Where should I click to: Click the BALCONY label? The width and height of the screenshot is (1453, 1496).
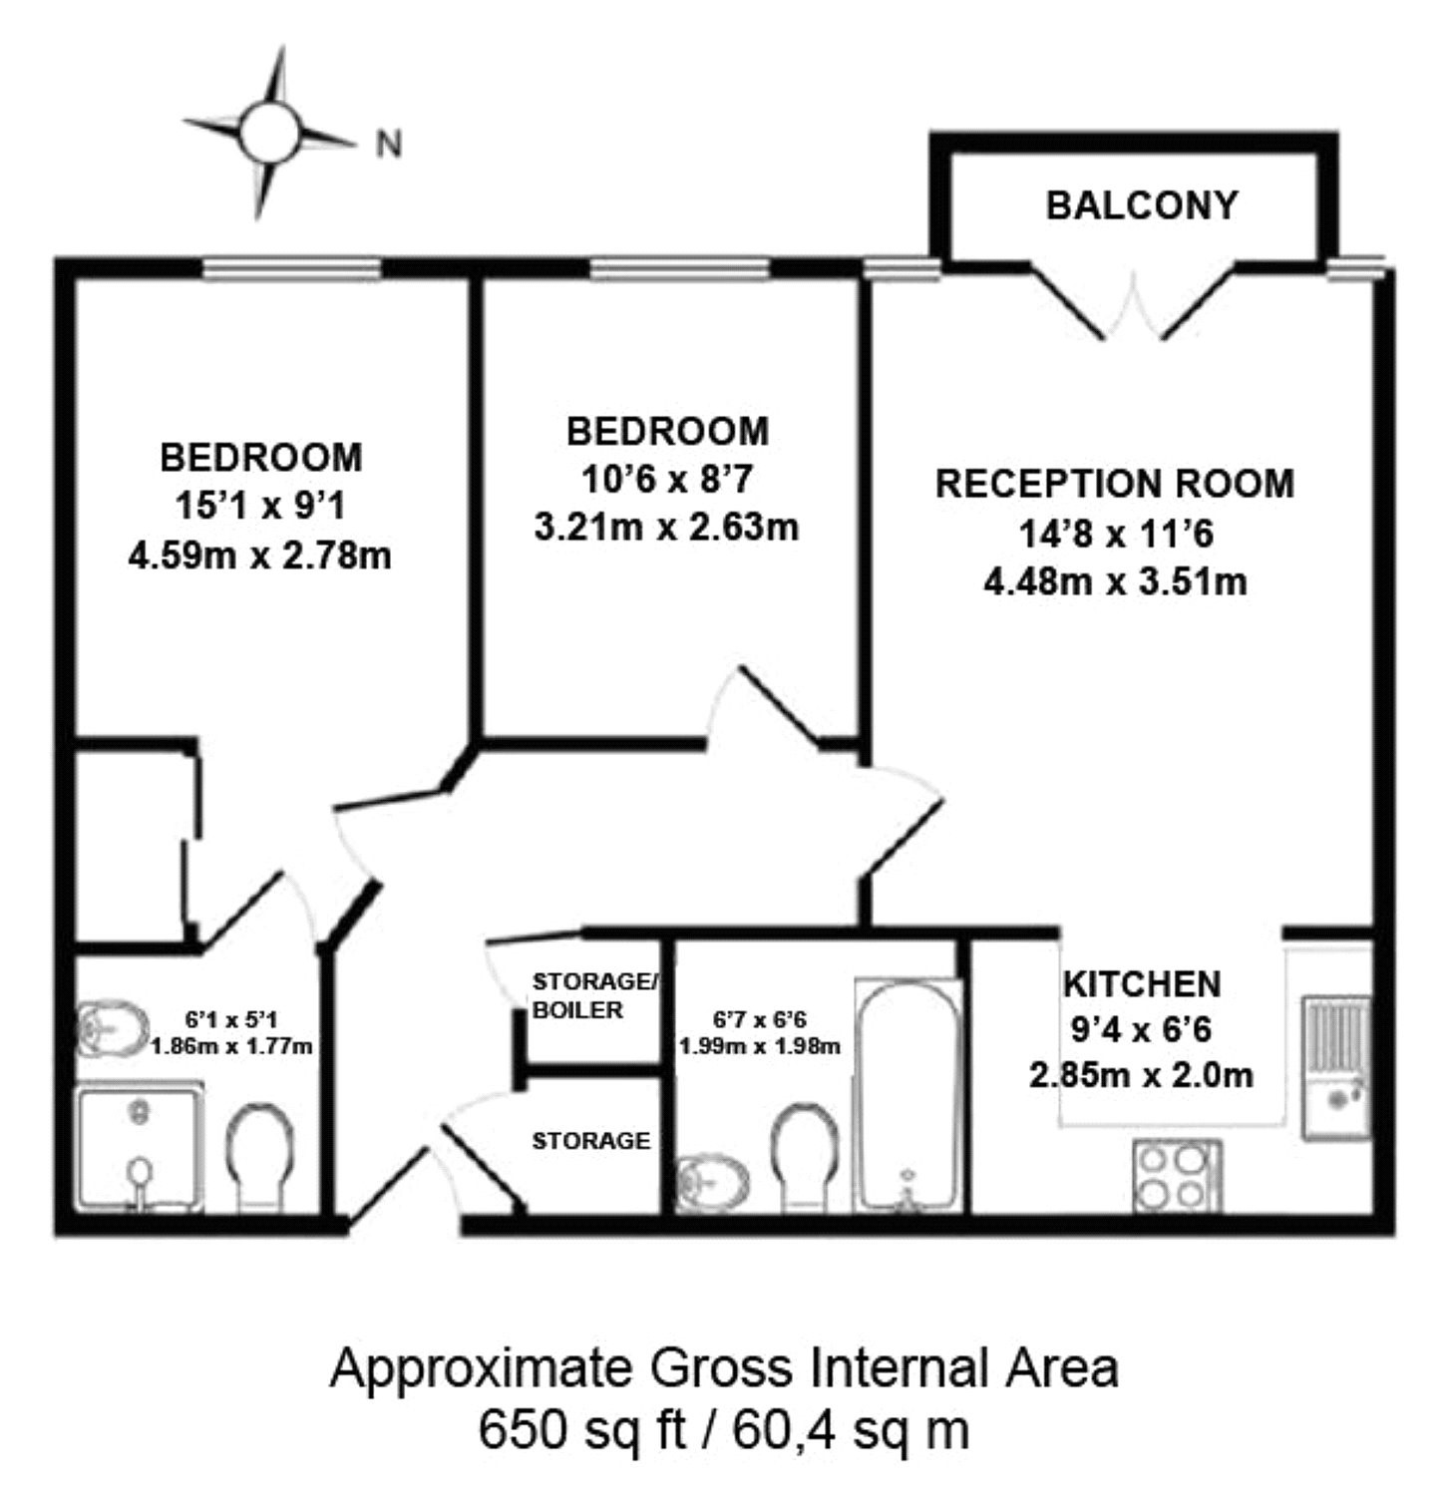click(x=1142, y=204)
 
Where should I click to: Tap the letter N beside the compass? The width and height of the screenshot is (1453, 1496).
click(x=389, y=145)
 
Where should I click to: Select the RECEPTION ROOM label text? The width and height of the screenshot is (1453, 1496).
click(x=1115, y=484)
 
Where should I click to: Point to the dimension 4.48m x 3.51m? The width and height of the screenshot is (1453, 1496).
click(x=1115, y=580)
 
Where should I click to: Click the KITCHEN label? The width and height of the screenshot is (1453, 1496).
click(x=1142, y=984)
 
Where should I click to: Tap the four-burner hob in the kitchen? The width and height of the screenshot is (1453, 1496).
click(x=1176, y=1178)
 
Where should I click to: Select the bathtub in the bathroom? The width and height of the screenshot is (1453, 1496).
click(x=908, y=1095)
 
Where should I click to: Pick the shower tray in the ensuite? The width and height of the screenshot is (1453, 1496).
click(x=141, y=1150)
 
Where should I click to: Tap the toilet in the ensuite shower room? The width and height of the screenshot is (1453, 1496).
click(x=260, y=1155)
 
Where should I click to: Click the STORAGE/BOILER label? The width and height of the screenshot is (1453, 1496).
click(x=594, y=995)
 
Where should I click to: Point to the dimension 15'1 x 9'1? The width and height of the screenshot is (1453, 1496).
click(x=260, y=506)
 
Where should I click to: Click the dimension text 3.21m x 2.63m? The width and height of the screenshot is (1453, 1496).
click(x=666, y=527)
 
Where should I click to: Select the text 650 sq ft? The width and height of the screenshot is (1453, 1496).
click(x=581, y=1430)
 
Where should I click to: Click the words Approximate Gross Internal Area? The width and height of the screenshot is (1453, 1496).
click(x=724, y=1368)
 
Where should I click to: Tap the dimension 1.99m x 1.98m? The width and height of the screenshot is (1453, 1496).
click(x=759, y=1046)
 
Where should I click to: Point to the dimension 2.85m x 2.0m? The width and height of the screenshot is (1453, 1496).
click(x=1141, y=1075)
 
